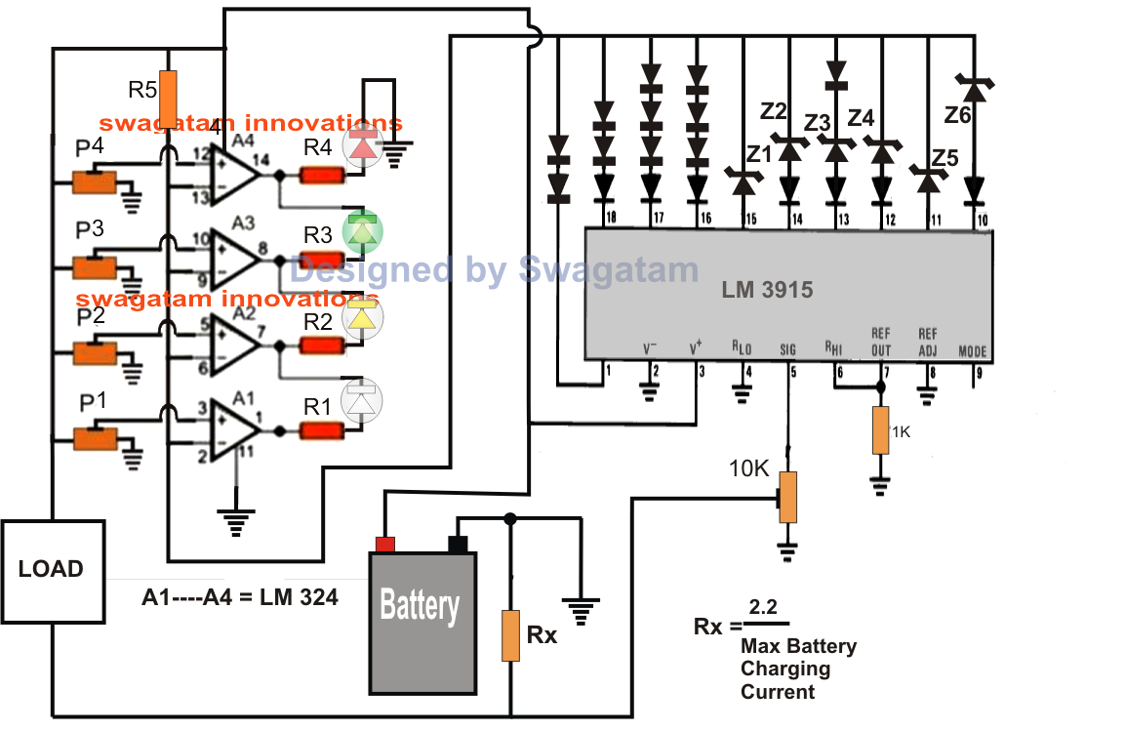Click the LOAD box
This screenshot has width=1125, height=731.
tap(52, 571)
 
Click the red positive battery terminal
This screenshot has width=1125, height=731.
tap(385, 545)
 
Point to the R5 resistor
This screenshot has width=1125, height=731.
tap(168, 99)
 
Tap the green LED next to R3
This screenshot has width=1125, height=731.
tap(363, 232)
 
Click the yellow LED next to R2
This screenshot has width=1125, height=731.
tap(362, 317)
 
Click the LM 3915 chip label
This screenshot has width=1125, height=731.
tap(767, 290)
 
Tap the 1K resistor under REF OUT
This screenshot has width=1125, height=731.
tap(881, 431)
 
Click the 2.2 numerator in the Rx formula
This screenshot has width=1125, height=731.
tap(765, 607)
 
